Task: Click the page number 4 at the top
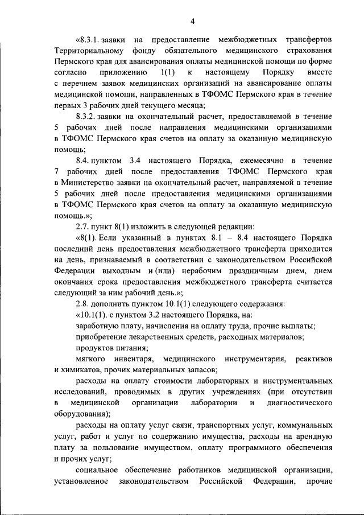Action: pyautogui.click(x=193, y=22)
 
